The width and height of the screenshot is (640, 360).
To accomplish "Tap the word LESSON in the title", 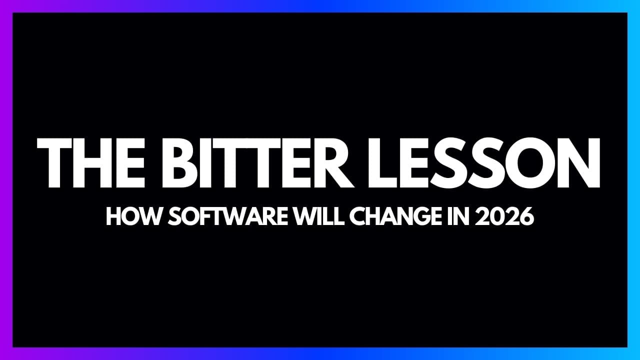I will coord(490,163).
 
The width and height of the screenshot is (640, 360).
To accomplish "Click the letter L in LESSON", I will coord(395,163).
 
